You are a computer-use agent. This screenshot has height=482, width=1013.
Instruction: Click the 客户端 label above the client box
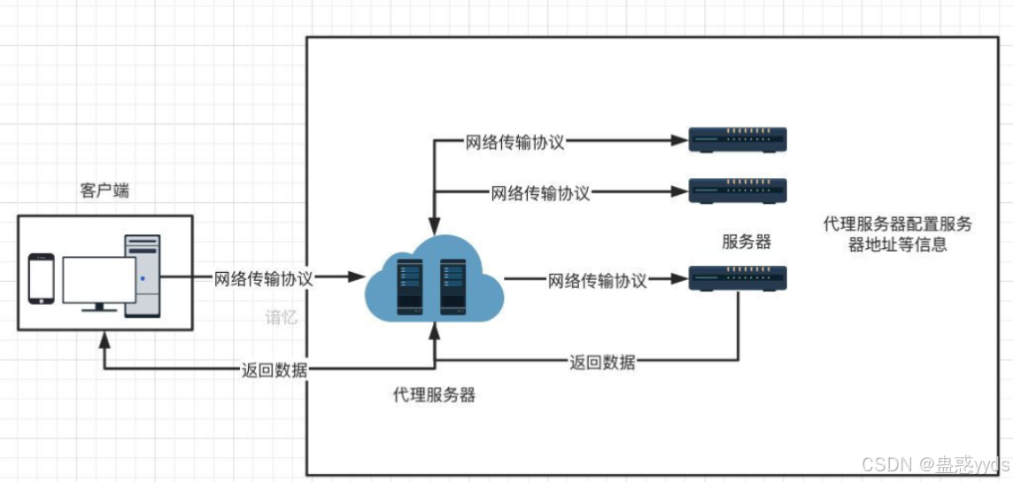pyautogui.click(x=104, y=190)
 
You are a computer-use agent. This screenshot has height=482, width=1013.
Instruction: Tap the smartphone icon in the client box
pyautogui.click(x=41, y=278)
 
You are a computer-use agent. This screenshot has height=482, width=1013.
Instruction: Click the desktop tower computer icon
pyautogui.click(x=143, y=275)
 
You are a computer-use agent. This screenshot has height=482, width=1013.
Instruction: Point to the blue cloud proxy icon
pyautogui.click(x=433, y=280)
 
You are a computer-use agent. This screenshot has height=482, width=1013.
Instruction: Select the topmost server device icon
pyautogui.click(x=738, y=139)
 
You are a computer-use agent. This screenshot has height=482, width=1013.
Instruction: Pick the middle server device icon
pyautogui.click(x=738, y=190)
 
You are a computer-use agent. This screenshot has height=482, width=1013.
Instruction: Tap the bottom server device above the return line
pyautogui.click(x=738, y=279)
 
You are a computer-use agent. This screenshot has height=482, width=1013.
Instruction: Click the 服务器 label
pyautogui.click(x=746, y=242)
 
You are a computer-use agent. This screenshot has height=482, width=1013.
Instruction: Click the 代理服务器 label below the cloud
pyautogui.click(x=434, y=395)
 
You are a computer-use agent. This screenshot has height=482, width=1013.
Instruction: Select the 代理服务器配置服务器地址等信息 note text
pyautogui.click(x=897, y=234)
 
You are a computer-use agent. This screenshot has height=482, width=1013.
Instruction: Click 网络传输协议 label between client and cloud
pyautogui.click(x=263, y=278)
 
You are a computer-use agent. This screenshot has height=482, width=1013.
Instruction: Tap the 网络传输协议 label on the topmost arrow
pyautogui.click(x=514, y=142)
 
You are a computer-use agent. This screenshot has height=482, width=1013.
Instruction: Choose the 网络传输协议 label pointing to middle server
pyautogui.click(x=540, y=192)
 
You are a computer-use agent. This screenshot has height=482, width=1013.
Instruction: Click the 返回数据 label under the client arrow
pyautogui.click(x=275, y=370)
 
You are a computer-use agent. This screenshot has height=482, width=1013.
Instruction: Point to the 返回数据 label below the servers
pyautogui.click(x=602, y=361)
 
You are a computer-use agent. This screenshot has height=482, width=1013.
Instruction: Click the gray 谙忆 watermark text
pyautogui.click(x=282, y=317)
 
